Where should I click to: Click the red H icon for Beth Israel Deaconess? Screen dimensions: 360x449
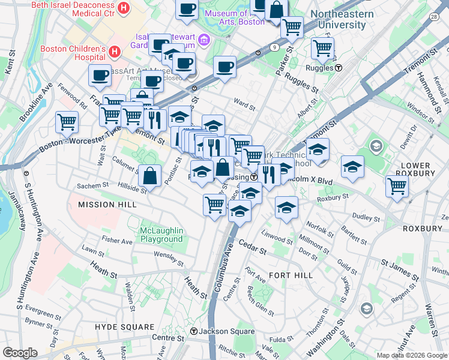click(124, 8)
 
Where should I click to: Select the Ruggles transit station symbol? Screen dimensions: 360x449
click(339, 68)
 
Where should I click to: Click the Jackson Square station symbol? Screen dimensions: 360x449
click(194, 331)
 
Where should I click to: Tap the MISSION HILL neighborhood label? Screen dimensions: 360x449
click(104, 205)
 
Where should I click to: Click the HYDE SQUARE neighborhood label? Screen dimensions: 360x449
click(124, 326)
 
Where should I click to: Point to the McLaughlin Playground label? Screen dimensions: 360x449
click(161, 235)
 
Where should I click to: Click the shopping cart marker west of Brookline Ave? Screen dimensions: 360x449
click(67, 122)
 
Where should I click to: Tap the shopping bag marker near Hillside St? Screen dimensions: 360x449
click(149, 176)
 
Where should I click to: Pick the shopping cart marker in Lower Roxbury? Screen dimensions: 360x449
click(397, 186)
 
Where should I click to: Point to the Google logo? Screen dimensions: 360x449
click(20, 352)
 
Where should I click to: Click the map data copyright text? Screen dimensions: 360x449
click(411, 355)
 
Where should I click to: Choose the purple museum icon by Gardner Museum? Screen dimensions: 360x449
click(204, 40)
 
